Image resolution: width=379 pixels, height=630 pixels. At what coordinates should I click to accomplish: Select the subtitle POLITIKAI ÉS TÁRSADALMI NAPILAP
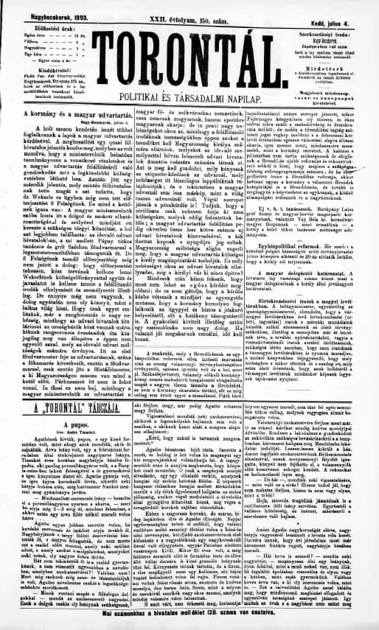tap(189, 97)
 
